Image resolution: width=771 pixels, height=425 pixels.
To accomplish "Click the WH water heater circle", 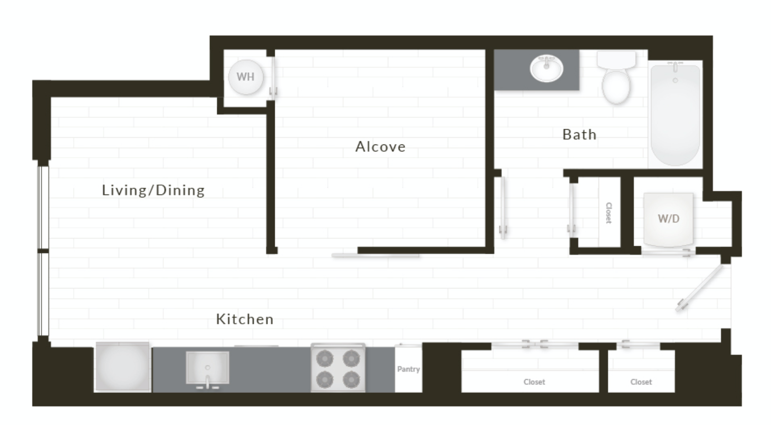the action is click(x=246, y=77).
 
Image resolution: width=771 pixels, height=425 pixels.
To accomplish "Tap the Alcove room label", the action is click(x=380, y=147).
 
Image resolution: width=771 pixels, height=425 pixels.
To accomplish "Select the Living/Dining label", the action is click(x=153, y=190).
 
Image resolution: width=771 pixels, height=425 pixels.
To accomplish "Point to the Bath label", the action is click(x=579, y=134).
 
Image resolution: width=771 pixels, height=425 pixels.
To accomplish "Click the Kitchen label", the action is click(x=245, y=320).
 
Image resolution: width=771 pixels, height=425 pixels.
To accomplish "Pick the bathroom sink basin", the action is click(x=546, y=69).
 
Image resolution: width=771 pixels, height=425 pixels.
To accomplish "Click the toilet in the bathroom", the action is click(x=616, y=78).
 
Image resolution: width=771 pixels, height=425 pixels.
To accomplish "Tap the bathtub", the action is click(x=676, y=114).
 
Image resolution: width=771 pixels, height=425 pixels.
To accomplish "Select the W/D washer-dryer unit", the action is click(x=668, y=219).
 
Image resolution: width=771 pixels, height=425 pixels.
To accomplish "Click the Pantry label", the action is click(x=409, y=369).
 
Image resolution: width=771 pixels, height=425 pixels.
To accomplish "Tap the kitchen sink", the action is click(x=208, y=368).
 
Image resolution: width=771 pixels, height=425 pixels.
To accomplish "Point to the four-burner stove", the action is click(x=338, y=368).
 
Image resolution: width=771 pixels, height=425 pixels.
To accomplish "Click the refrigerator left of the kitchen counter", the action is click(x=122, y=367).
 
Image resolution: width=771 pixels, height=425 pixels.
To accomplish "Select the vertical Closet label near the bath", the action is click(x=609, y=213).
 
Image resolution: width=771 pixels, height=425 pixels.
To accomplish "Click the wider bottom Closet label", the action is click(x=534, y=382).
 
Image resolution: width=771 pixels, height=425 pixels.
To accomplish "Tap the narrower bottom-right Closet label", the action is click(x=641, y=382).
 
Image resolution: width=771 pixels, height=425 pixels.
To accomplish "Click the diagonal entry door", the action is click(x=699, y=288).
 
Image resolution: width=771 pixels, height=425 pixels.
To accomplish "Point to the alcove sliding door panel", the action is click(x=375, y=255).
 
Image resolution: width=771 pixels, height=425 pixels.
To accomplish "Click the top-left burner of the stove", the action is click(x=324, y=359).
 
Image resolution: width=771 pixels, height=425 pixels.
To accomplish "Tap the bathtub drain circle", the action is click(x=675, y=81).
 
